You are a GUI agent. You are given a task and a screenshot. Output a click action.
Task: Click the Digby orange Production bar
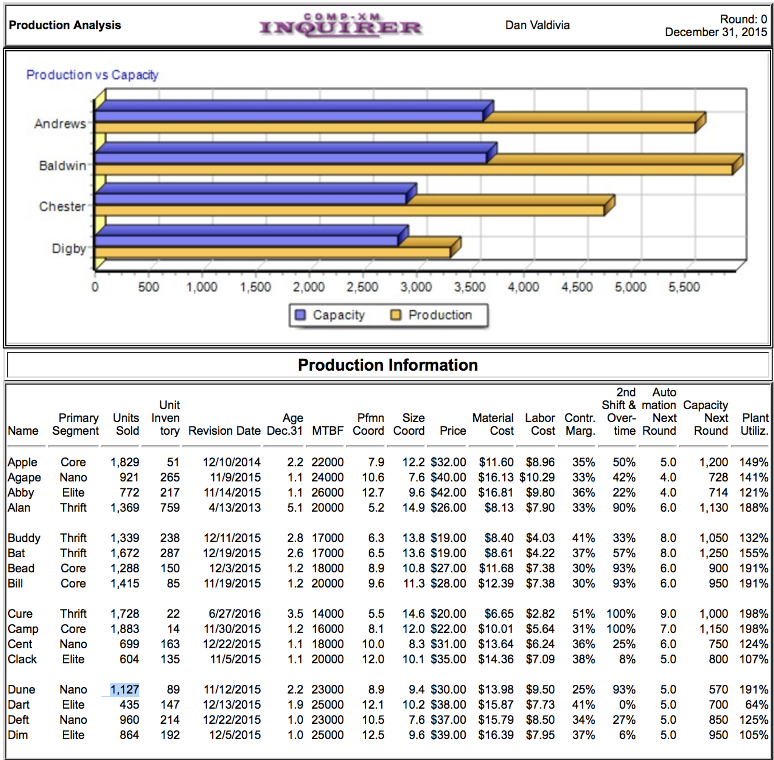pos(272,252)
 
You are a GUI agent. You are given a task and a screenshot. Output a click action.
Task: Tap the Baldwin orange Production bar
pos(413,169)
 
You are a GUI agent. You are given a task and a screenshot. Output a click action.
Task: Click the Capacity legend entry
pos(330,315)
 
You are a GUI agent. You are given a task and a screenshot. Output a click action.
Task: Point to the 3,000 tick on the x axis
pos(416,287)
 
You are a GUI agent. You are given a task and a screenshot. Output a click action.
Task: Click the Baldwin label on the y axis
pos(62,165)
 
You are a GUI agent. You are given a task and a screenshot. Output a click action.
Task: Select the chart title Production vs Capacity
pos(93,75)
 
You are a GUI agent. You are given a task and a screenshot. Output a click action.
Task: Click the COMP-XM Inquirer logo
pos(340,25)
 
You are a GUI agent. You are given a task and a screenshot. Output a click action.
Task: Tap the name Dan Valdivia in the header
pos(537,25)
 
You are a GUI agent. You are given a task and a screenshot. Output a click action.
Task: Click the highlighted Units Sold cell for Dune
pos(124,689)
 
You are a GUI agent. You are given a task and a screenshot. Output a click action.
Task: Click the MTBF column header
pos(328,431)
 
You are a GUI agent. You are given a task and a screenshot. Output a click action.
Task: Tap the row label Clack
pos(22,659)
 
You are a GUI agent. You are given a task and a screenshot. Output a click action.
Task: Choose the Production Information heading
pos(388,365)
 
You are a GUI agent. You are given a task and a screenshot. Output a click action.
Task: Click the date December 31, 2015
pos(716,32)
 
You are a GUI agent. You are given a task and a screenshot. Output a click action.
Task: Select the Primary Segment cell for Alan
pos(73,507)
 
